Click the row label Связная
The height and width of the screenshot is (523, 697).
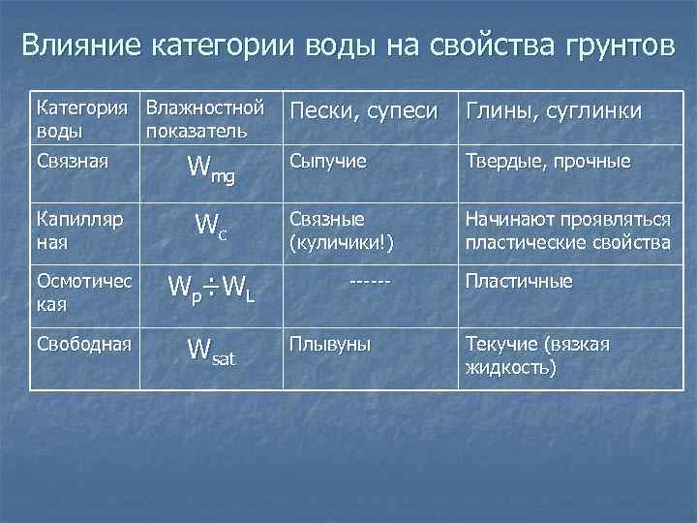coord(71,156)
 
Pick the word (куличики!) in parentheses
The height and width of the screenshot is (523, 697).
coord(336,241)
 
